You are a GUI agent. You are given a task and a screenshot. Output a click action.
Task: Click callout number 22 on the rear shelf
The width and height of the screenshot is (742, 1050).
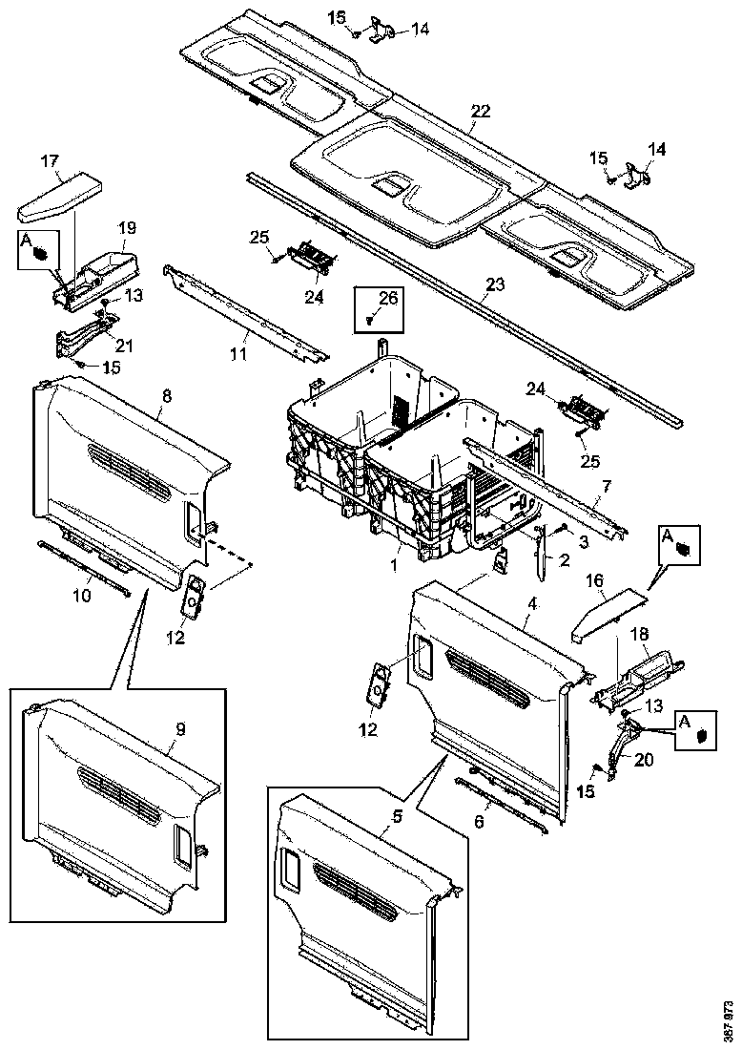coord(481,112)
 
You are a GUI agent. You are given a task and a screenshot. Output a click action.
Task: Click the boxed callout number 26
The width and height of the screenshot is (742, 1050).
coord(387,300)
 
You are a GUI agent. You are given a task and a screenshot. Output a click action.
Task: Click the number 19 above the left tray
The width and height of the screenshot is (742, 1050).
coord(128,228)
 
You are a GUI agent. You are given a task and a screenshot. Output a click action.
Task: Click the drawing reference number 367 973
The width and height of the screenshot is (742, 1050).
coord(731,1021)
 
